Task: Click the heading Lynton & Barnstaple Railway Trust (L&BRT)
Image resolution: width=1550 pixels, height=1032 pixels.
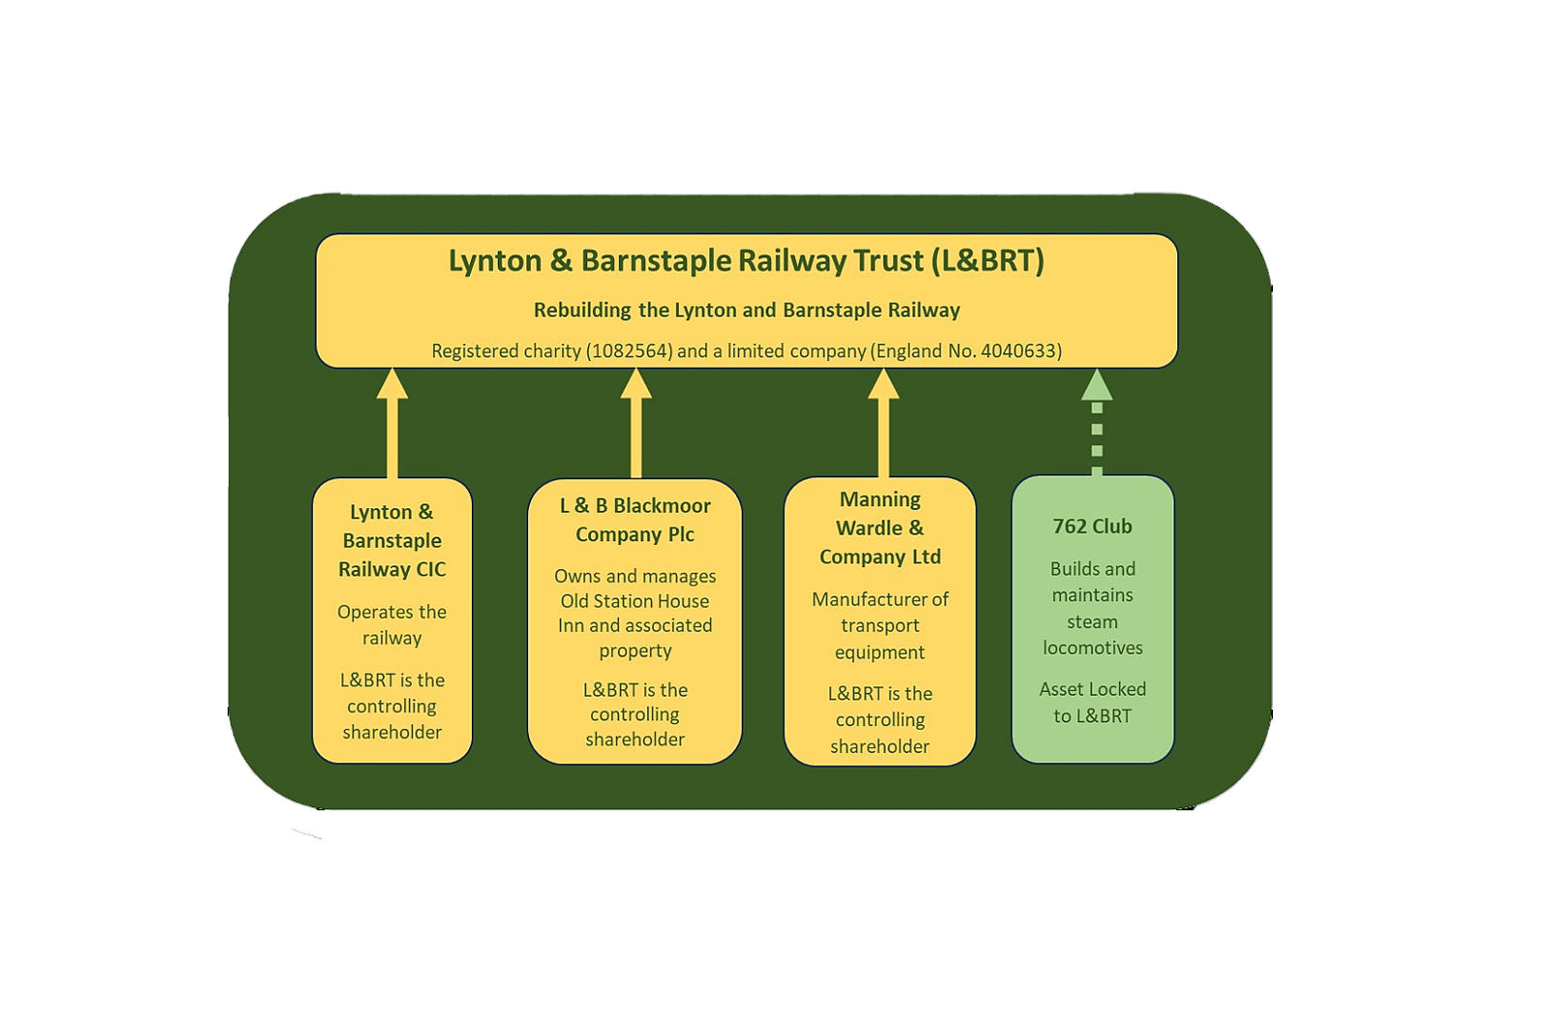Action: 746,261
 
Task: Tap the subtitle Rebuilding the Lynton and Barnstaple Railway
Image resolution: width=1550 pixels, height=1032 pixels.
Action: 746,311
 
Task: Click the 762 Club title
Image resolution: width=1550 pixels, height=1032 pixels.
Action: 1092,527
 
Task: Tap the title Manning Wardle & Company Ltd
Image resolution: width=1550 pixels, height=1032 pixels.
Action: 880,529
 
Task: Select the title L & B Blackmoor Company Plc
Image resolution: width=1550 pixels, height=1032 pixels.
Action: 635,520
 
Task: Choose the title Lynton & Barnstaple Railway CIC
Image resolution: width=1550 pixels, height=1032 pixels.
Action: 391,541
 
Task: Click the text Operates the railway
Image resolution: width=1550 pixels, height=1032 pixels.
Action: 391,624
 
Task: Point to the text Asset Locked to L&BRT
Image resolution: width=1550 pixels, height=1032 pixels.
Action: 1092,703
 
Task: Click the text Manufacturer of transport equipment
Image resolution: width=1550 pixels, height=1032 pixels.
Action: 880,625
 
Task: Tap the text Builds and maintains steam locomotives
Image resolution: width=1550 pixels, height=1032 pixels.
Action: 1092,608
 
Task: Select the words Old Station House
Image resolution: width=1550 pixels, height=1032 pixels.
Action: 635,601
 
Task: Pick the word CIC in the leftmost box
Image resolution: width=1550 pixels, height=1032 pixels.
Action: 428,570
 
